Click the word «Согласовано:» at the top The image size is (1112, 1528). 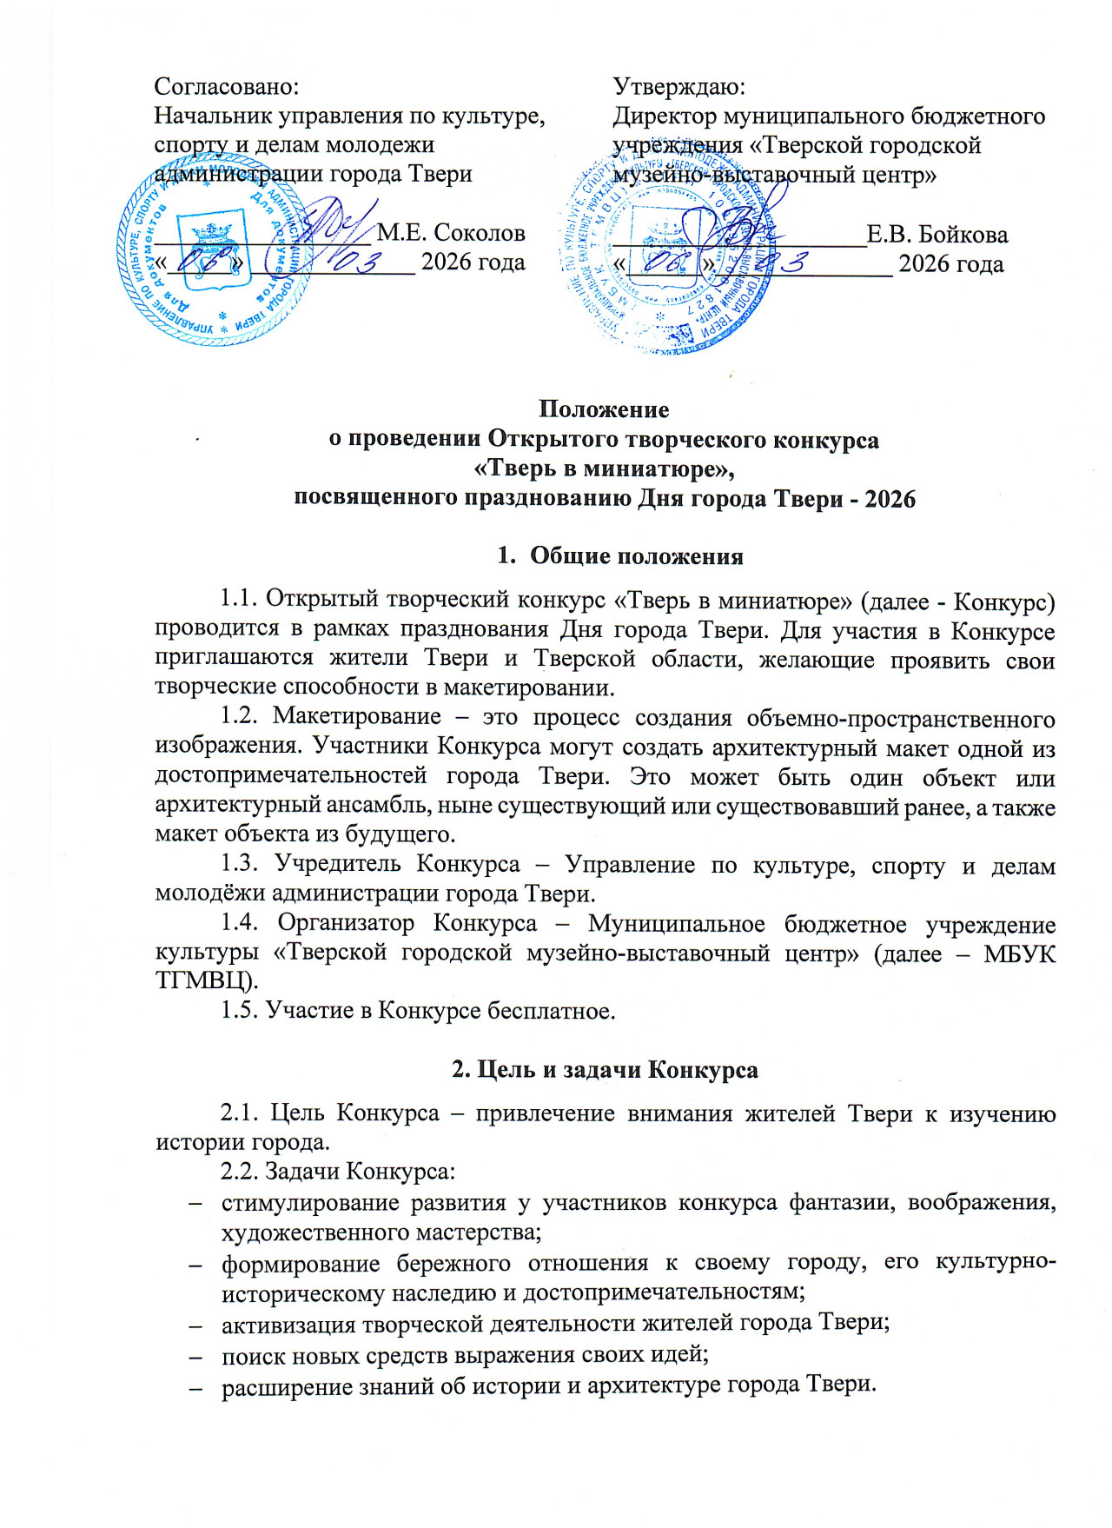[226, 87]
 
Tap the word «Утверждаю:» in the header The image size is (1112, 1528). [679, 87]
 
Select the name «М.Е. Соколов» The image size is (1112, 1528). [451, 233]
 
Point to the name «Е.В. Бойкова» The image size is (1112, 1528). [937, 235]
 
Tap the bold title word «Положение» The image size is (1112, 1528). [604, 409]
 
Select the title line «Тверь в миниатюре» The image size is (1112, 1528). [604, 468]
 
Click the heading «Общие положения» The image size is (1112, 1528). [636, 556]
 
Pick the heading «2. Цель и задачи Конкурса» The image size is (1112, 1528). [605, 1069]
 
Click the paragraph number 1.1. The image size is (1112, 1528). [239, 599]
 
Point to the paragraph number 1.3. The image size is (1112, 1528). [239, 864]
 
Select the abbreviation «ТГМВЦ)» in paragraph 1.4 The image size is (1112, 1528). [207, 981]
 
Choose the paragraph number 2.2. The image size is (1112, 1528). [239, 1172]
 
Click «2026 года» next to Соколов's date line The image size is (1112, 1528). [473, 262]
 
